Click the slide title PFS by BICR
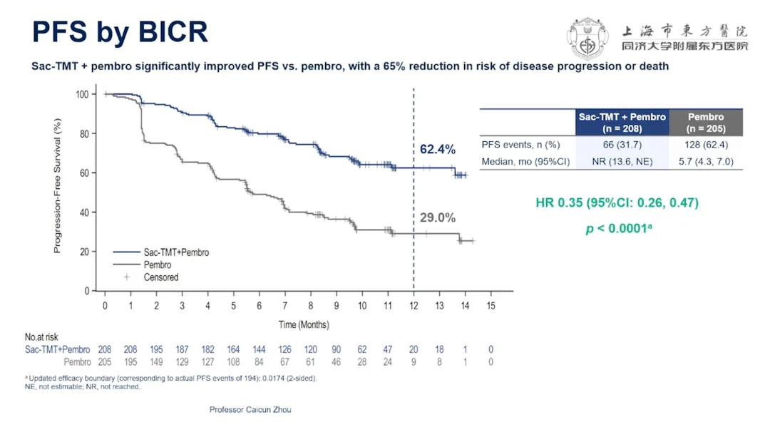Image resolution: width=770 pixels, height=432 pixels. pyautogui.click(x=120, y=32)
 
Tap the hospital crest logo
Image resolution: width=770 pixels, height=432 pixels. pyautogui.click(x=587, y=38)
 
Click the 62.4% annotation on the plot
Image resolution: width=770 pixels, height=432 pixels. pyautogui.click(x=438, y=149)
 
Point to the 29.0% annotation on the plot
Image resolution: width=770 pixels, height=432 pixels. pyautogui.click(x=438, y=217)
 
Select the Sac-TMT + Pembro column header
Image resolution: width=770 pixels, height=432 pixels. pyautogui.click(x=622, y=122)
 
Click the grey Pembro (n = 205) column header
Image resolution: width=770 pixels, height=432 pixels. pyautogui.click(x=706, y=122)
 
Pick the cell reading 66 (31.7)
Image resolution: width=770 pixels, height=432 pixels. pyautogui.click(x=622, y=145)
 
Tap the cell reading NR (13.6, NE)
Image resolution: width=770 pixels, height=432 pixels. pyautogui.click(x=622, y=162)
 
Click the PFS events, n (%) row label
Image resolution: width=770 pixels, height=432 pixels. pyautogui.click(x=520, y=145)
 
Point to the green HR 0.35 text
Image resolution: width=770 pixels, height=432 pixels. pyautogui.click(x=617, y=202)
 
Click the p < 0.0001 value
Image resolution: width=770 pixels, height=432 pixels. pyautogui.click(x=619, y=228)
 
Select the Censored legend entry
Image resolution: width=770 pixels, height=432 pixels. pyautogui.click(x=150, y=277)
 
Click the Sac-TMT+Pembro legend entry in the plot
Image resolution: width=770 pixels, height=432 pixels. pyautogui.click(x=161, y=252)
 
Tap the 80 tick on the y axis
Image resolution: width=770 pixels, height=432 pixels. pyautogui.click(x=84, y=134)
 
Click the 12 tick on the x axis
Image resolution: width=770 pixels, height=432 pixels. pyautogui.click(x=414, y=306)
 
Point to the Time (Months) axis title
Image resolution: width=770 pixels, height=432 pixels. pyautogui.click(x=304, y=324)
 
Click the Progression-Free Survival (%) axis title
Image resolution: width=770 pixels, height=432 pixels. pyautogui.click(x=58, y=185)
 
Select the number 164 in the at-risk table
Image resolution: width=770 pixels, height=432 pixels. pyautogui.click(x=233, y=349)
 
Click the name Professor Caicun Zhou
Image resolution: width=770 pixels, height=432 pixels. pyautogui.click(x=250, y=409)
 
